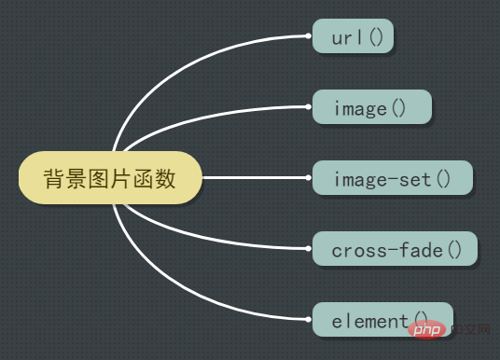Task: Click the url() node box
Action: click(x=353, y=36)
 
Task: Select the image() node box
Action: click(x=371, y=107)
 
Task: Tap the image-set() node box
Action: click(x=392, y=177)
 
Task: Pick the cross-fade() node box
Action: click(x=395, y=248)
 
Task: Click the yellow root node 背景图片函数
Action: click(x=110, y=177)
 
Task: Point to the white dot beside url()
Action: click(x=309, y=36)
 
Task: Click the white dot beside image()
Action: click(x=309, y=107)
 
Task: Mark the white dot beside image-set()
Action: click(x=309, y=177)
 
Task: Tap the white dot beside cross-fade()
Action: click(x=309, y=248)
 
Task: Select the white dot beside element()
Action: click(x=309, y=319)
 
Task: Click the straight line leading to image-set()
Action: click(x=252, y=177)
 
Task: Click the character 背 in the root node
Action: click(x=54, y=177)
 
